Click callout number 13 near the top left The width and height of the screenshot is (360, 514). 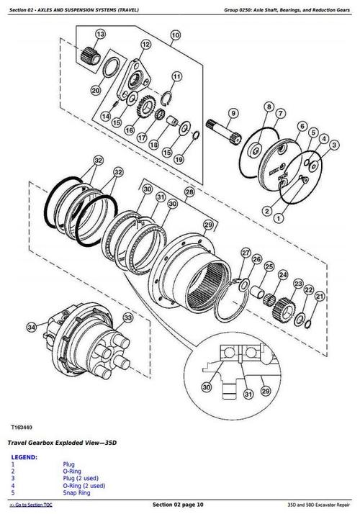(99, 34)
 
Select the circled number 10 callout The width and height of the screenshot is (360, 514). (175, 34)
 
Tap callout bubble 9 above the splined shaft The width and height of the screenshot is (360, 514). (233, 113)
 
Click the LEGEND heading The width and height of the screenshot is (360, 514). (26, 458)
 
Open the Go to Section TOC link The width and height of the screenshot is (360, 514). (31, 507)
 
